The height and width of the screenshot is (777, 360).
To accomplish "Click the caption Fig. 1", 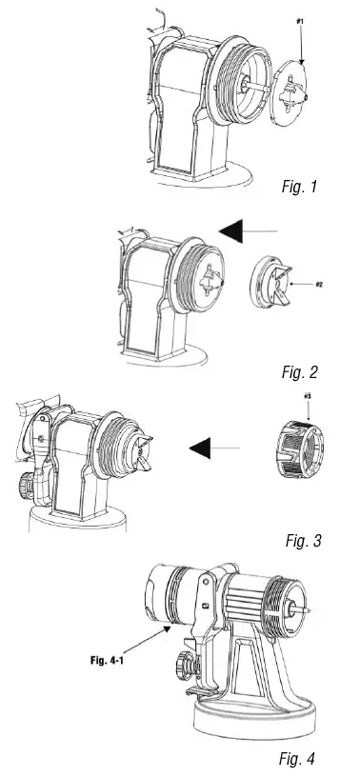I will tap(300, 187).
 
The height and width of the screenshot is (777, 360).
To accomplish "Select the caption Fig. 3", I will tap(304, 541).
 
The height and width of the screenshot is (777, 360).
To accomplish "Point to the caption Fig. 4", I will tap(300, 758).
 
